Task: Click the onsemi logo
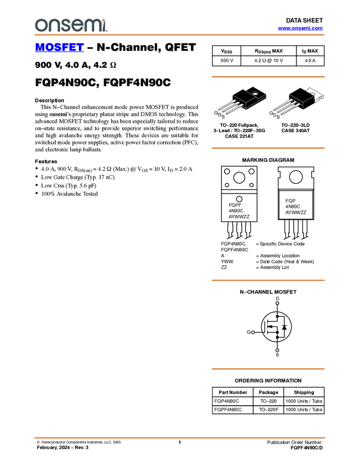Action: point(71,25)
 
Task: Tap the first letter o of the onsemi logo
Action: point(40,26)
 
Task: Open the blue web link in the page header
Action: point(300,29)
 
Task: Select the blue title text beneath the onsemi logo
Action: point(59,48)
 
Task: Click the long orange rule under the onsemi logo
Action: point(180,35)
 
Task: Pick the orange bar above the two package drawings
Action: point(268,77)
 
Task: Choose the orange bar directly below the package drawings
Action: point(268,148)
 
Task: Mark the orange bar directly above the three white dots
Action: point(268,280)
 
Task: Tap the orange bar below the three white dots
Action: point(268,369)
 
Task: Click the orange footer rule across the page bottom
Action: point(180,438)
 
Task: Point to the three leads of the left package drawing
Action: point(229,105)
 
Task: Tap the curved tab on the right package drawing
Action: point(312,94)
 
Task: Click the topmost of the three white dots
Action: point(277,303)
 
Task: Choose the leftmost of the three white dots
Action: point(253,332)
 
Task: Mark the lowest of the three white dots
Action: point(277,350)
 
